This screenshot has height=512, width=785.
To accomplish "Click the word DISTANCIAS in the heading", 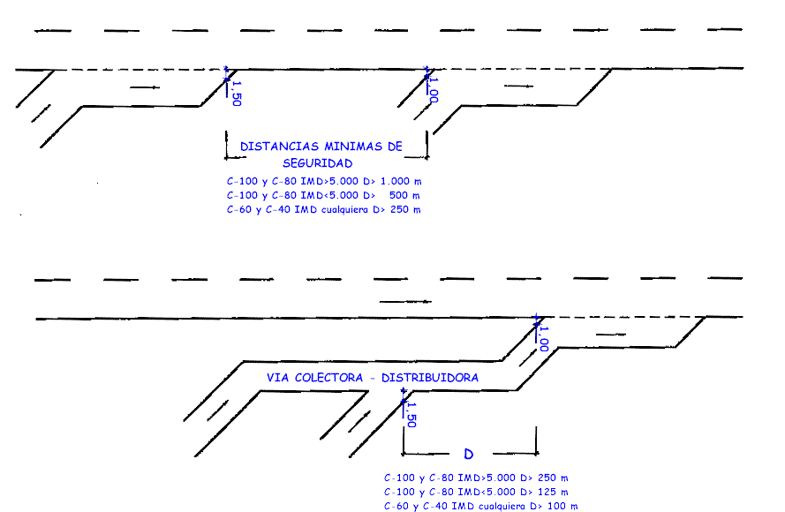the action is (279, 147).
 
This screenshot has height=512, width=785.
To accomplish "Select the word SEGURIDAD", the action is (317, 163).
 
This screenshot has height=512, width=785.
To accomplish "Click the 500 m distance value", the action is (404, 195).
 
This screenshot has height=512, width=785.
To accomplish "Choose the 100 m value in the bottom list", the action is (562, 506).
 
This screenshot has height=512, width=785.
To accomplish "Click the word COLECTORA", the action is (328, 378).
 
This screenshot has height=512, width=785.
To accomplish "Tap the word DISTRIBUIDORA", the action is (429, 378).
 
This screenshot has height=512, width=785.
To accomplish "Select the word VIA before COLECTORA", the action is (277, 378).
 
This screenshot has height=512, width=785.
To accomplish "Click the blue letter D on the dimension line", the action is (468, 454).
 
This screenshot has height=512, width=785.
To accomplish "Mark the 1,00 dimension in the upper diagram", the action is (434, 90).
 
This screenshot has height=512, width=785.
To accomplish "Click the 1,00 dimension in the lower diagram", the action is (544, 339).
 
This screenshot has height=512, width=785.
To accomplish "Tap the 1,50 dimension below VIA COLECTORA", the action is (411, 415).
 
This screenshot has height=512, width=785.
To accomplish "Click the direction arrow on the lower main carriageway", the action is (405, 302).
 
